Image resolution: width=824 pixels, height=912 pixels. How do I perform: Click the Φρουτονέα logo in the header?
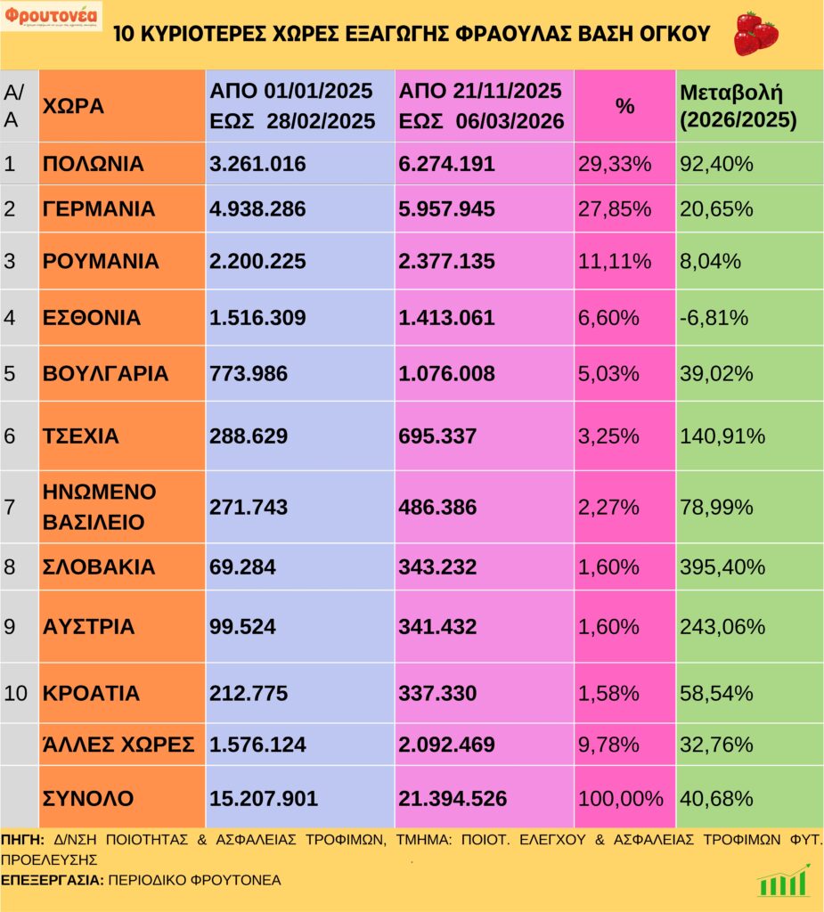(x=52, y=16)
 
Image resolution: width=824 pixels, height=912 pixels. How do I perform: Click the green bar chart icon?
(x=784, y=881)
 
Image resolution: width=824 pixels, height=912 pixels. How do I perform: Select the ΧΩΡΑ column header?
(x=73, y=106)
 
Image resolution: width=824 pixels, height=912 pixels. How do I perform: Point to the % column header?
(x=625, y=106)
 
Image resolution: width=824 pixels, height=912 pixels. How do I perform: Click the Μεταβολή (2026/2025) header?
(x=738, y=106)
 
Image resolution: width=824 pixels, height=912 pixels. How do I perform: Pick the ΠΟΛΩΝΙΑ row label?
(x=93, y=164)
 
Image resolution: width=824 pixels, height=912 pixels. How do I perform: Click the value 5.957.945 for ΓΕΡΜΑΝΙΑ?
(x=446, y=209)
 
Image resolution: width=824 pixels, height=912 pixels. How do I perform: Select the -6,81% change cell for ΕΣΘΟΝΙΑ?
(x=714, y=318)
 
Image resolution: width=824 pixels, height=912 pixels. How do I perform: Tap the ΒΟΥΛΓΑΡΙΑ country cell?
(x=105, y=374)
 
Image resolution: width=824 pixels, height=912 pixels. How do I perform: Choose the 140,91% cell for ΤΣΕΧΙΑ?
(x=722, y=436)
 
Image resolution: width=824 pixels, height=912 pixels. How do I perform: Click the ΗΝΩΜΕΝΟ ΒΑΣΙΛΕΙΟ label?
(x=100, y=507)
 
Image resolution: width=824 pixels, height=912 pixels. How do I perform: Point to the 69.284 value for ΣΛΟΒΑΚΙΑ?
(x=243, y=567)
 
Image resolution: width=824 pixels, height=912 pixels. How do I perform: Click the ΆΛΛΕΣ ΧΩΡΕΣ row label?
(x=118, y=745)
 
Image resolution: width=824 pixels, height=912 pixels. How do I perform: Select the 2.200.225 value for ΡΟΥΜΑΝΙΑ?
(x=257, y=262)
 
